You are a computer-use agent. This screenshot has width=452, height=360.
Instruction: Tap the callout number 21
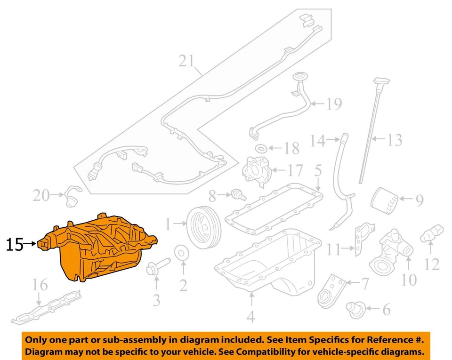[186, 61]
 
